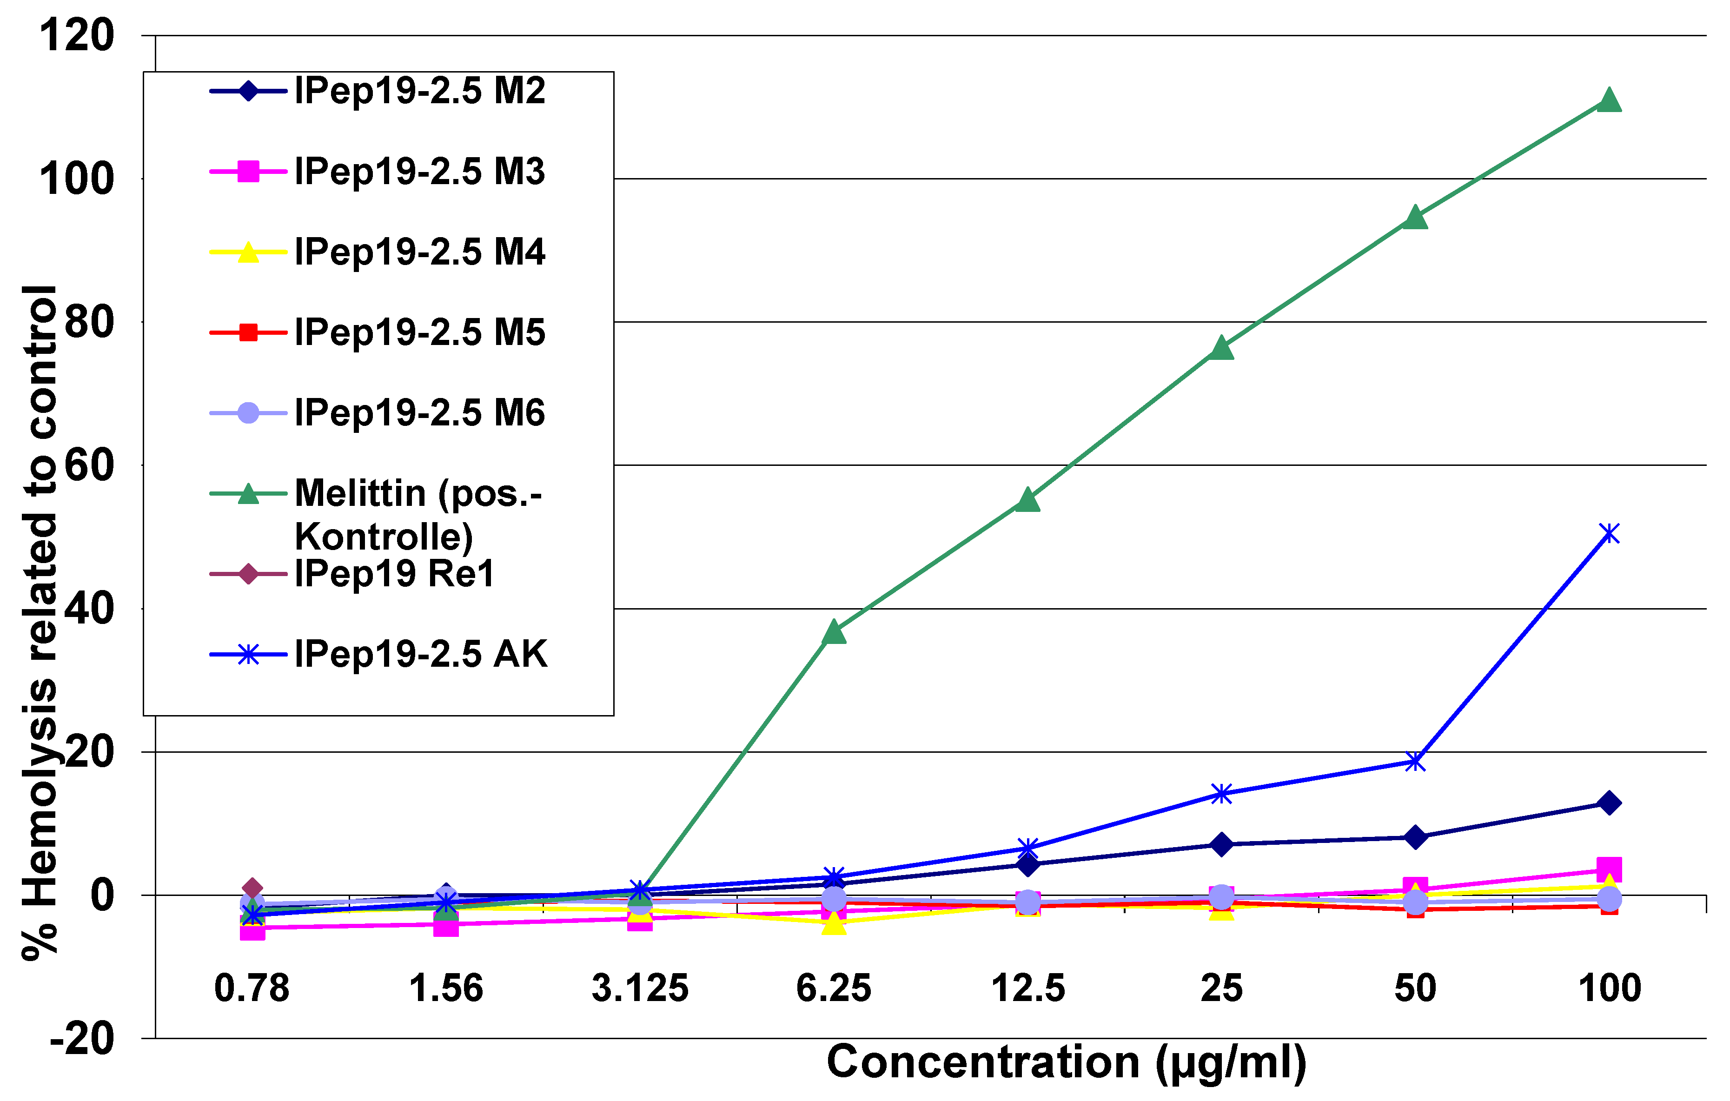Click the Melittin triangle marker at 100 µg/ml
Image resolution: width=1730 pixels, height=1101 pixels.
pos(1609,100)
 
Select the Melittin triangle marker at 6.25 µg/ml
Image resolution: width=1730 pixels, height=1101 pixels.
pos(834,632)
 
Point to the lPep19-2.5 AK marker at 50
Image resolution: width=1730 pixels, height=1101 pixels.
pos(1415,762)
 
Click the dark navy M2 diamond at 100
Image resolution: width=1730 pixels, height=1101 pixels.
pos(1609,803)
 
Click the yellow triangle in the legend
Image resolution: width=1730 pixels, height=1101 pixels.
pos(248,252)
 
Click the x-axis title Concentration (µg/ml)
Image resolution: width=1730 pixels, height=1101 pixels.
pos(1066,1062)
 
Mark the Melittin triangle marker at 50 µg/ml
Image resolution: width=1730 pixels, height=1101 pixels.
pos(1415,217)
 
